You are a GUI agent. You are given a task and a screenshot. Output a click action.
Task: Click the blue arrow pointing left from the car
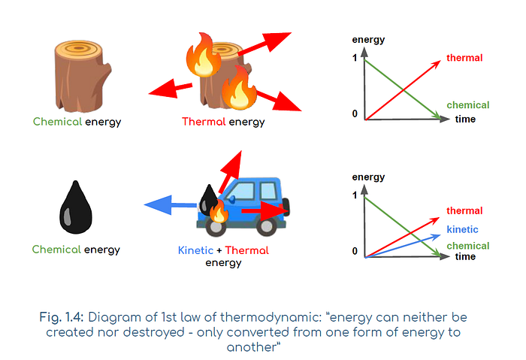[x=168, y=203]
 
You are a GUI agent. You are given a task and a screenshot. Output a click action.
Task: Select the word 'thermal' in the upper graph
[x=464, y=58]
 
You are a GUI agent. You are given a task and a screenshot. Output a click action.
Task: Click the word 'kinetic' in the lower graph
[x=462, y=229]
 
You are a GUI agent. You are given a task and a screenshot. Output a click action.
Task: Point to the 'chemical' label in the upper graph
[x=467, y=105]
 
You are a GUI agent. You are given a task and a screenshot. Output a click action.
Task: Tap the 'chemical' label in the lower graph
[x=467, y=246]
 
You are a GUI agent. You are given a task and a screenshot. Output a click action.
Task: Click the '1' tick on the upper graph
[x=355, y=59]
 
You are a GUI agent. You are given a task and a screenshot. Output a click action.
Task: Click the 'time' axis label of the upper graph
[x=465, y=119]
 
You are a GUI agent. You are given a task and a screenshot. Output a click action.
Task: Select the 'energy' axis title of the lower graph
[x=368, y=177]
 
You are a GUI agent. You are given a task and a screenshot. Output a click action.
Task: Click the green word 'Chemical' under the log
[x=57, y=121]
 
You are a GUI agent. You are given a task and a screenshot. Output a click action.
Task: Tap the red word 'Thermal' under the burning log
[x=204, y=121]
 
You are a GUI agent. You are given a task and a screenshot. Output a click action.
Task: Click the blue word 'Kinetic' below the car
[x=195, y=250]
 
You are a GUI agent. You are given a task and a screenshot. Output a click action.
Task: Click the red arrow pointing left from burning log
[x=169, y=90]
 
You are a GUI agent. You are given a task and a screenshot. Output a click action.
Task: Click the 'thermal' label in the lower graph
[x=464, y=211]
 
